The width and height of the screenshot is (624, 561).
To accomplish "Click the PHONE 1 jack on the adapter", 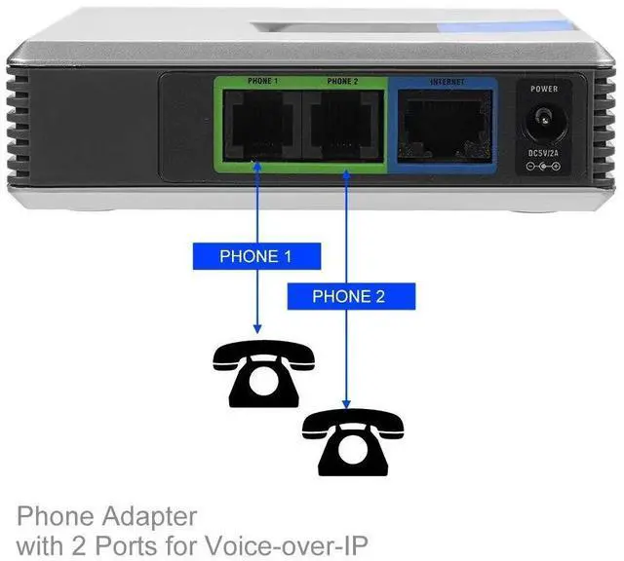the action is pyautogui.click(x=260, y=124).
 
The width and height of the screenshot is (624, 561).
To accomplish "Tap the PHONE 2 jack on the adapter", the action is pyautogui.click(x=342, y=124).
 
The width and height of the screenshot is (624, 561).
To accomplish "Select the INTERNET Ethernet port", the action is pyautogui.click(x=445, y=124).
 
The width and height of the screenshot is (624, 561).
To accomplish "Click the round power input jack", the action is pyautogui.click(x=543, y=125).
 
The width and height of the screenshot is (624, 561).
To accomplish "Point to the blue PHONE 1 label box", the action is pyautogui.click(x=255, y=257).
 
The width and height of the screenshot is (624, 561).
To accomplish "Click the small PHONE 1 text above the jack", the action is pyautogui.click(x=261, y=82).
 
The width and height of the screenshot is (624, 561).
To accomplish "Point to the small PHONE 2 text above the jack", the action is pyautogui.click(x=343, y=82).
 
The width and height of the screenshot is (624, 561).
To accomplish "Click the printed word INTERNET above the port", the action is pyautogui.click(x=446, y=83).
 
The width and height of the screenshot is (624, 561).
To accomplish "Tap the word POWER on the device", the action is pyautogui.click(x=543, y=89).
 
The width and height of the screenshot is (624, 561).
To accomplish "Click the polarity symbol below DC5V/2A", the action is pyautogui.click(x=543, y=168).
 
